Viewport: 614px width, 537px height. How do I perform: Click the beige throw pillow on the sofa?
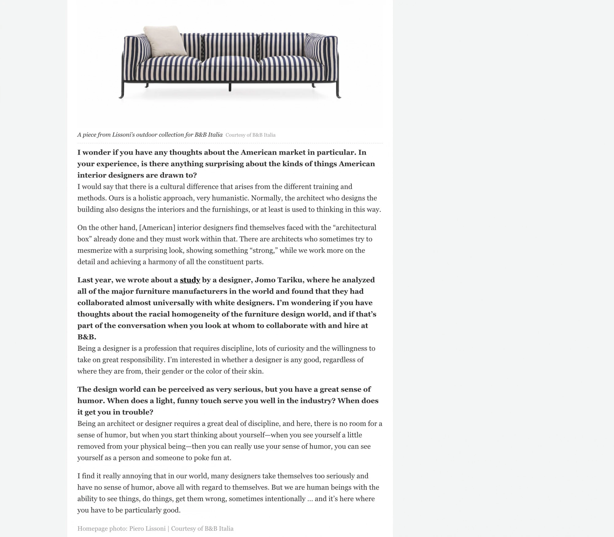pos(165,41)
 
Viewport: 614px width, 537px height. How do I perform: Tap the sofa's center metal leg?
pos(230,87)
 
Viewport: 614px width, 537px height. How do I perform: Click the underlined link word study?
pos(190,280)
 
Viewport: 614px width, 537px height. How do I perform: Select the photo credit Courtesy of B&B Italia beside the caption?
pos(250,135)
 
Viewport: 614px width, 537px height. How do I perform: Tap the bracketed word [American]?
pos(157,228)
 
